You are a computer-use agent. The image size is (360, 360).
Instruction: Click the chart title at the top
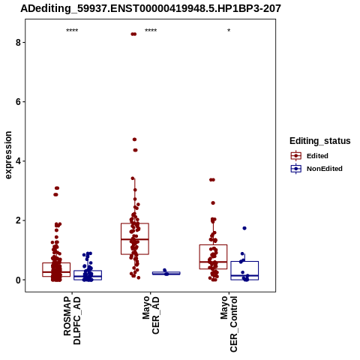click(151, 8)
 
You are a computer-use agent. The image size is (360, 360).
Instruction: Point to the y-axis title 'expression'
click(8, 155)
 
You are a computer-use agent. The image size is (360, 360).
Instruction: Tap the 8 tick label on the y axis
click(18, 43)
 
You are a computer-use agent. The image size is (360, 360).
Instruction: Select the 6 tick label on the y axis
click(18, 102)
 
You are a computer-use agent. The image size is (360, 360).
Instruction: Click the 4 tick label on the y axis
click(18, 161)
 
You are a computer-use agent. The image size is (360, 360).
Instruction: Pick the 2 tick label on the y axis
click(18, 220)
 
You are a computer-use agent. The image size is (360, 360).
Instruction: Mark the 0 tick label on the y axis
click(18, 280)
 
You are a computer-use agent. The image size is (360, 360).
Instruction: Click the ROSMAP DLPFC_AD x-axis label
click(72, 320)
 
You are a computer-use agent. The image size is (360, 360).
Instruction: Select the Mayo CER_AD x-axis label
click(151, 315)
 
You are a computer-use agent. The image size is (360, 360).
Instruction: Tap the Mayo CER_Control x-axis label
click(229, 324)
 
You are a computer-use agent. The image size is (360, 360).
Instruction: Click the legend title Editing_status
click(320, 141)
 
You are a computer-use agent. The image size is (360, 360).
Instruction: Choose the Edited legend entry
click(310, 156)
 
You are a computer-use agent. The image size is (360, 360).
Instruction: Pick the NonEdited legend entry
click(316, 169)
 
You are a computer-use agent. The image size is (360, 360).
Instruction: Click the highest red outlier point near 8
click(133, 34)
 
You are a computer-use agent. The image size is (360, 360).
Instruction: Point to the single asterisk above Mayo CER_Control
click(229, 31)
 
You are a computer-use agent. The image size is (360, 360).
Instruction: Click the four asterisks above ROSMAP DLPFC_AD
click(72, 31)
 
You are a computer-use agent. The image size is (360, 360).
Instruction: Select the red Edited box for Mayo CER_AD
click(135, 239)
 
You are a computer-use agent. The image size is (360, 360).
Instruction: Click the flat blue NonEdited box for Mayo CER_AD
click(166, 274)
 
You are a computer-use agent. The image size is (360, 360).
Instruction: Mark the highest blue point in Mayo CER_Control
click(244, 228)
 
